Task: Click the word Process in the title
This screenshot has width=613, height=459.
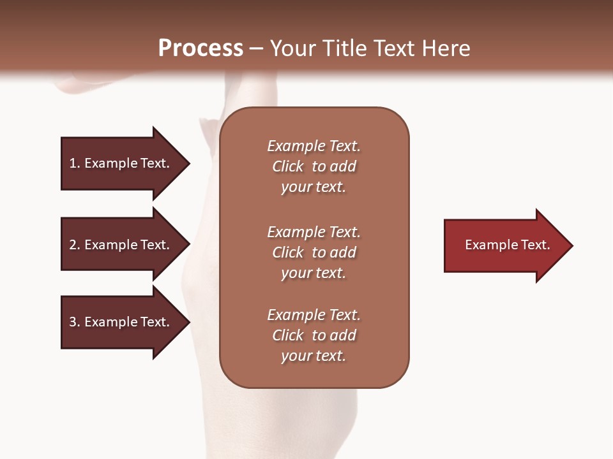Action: point(201,48)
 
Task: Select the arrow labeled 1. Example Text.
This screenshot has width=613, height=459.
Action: point(121,163)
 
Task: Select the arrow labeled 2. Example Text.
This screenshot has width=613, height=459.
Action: point(121,245)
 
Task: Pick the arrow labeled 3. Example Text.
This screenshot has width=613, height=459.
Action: point(121,322)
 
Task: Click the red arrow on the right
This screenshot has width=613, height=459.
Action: point(504,245)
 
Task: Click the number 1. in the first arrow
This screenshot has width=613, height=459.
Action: point(75,163)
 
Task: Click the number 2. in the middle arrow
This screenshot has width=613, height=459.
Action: point(75,245)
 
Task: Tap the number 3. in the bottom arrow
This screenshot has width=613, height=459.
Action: point(75,322)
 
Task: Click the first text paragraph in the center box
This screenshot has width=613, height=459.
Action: point(314,166)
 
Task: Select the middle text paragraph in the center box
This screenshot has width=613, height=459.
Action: point(314,252)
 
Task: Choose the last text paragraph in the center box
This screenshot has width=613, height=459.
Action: point(314,335)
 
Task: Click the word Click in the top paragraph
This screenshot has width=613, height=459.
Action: point(287,166)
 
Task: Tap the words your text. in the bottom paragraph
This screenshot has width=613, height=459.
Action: point(314,356)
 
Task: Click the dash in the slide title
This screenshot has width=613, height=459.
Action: point(256,48)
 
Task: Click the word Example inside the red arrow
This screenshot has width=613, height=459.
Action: point(488,245)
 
